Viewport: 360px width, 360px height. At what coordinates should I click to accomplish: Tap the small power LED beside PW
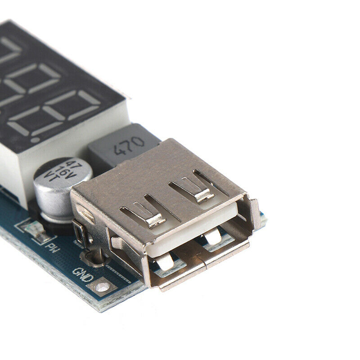pos(35,228)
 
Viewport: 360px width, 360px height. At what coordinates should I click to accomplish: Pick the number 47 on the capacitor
pos(71,163)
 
